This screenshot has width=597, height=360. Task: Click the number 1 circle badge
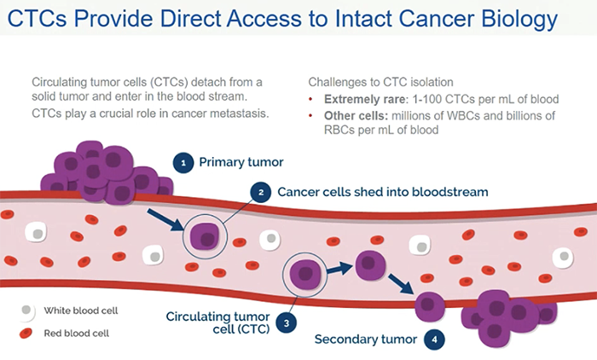pos(182,161)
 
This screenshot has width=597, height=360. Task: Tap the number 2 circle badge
pos(262,192)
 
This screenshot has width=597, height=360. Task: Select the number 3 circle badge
pos(287,322)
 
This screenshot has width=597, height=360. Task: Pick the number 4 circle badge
pos(436,340)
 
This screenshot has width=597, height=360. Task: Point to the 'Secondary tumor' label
pos(366,340)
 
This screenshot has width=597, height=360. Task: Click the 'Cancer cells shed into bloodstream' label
pos(383,192)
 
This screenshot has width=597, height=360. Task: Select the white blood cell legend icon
pos(27,310)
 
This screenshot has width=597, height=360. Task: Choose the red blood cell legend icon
pos(27,333)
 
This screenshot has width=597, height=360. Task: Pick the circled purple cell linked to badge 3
pos(304,273)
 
